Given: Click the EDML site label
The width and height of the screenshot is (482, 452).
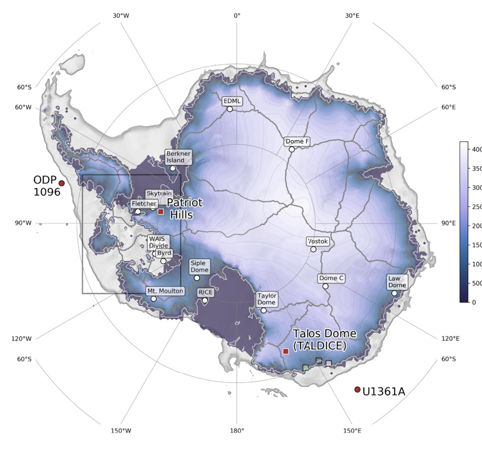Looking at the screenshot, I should tap(232, 101).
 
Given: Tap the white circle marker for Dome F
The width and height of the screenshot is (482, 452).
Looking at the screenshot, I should tap(292, 150).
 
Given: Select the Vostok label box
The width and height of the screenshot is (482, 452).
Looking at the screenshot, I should tap(318, 241).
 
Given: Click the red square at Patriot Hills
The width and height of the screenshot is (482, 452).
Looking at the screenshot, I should tap(161, 211).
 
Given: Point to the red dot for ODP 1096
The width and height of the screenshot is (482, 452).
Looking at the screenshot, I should tap(62, 183).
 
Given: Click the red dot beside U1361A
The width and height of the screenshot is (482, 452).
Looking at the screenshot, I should tap(357, 389).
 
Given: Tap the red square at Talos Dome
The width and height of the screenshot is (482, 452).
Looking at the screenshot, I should tap(286, 351).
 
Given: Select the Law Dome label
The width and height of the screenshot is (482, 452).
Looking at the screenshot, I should tap(397, 282).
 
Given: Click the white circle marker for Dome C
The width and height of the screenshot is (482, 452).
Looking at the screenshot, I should tap(325, 286).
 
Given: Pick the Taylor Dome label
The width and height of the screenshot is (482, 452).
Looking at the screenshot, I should tap(267, 299).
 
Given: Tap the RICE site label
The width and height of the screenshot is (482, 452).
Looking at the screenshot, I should tap(206, 292).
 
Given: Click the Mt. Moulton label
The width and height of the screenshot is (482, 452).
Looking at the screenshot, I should tap(165, 291).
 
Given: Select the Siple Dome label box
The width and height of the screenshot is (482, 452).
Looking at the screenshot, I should tap(200, 267).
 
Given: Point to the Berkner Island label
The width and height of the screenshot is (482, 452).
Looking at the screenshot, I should tap(178, 157).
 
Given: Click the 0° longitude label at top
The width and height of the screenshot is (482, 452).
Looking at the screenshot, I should tap(237, 16).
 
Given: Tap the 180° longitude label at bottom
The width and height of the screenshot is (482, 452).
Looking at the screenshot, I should tap(237, 431).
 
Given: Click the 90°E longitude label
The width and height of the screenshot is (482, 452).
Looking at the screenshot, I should tap(448, 223).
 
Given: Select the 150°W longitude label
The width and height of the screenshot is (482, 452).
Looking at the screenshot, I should tap(121, 431).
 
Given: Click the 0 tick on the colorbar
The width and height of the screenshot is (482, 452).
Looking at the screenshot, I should tap(474, 302).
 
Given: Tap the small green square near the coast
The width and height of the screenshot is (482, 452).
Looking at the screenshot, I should tap(305, 368).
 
